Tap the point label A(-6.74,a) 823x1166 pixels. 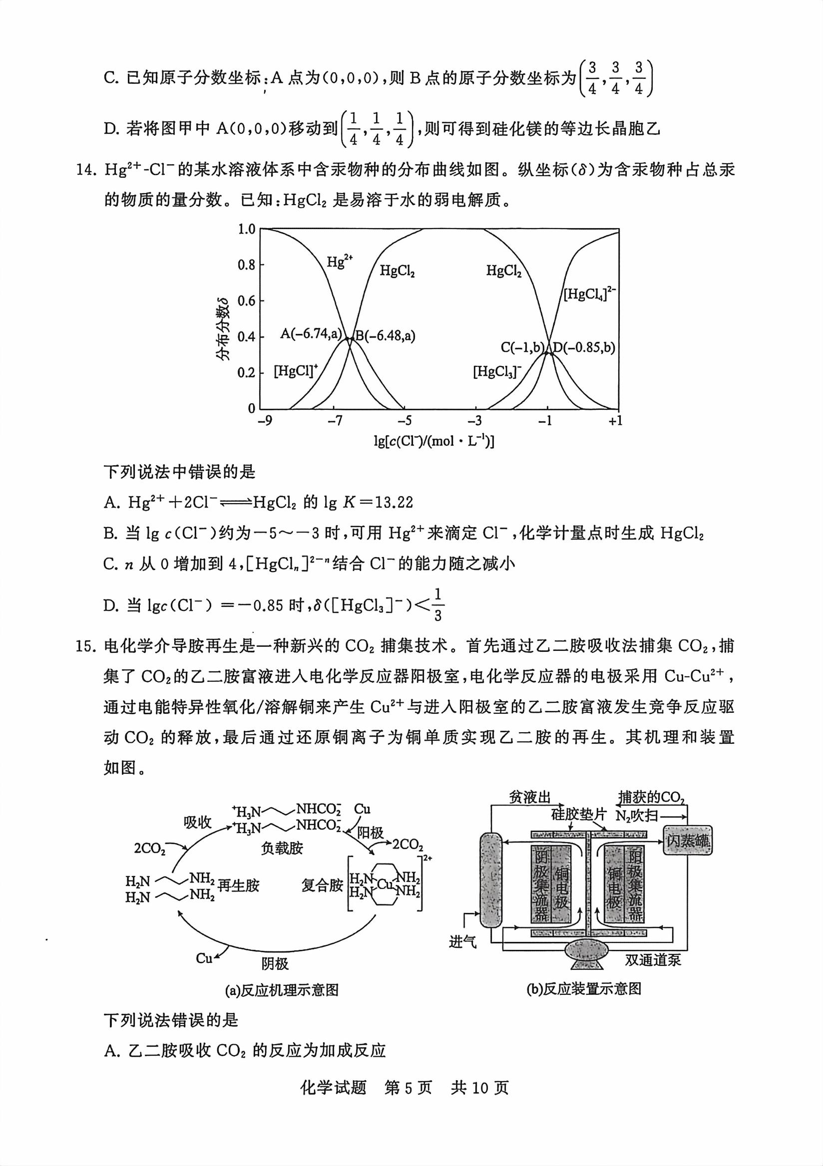tap(311, 333)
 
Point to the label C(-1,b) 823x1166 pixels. tap(522, 347)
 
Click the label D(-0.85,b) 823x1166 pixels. tap(584, 347)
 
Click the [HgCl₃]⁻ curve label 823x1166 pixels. tap(497, 372)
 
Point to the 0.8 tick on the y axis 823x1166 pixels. tap(246, 265)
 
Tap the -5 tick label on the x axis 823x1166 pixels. tap(405, 420)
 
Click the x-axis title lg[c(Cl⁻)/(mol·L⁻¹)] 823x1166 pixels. tap(434, 441)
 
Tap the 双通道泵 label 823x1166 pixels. tap(653, 959)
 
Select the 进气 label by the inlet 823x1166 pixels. tap(463, 942)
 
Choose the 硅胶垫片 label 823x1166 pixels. tap(579, 814)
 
